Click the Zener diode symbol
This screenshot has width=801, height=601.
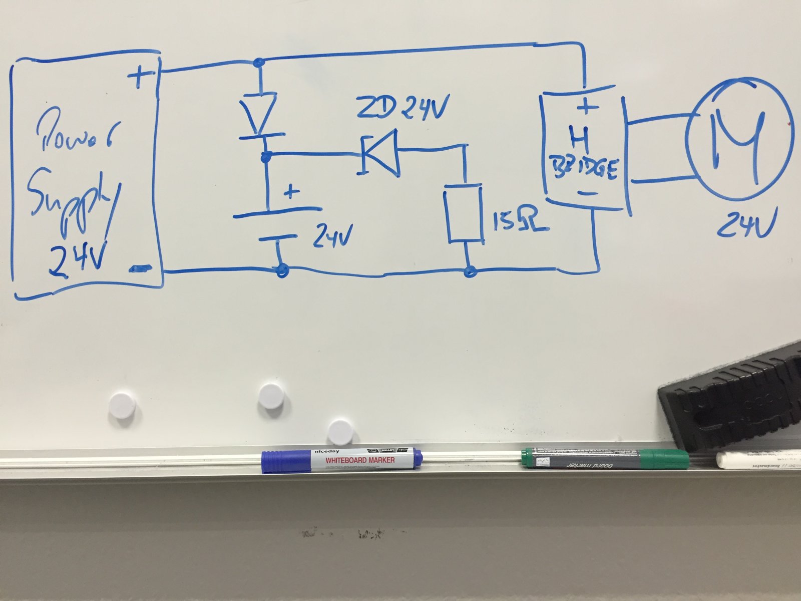coord(379,153)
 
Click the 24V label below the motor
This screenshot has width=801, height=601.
coord(745,224)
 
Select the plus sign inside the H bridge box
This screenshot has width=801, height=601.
coord(588,106)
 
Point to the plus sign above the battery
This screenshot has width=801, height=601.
coord(291,192)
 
